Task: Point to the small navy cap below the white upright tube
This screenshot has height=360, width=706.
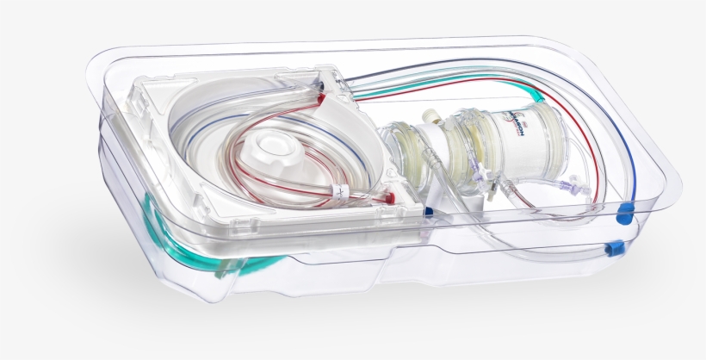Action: click(429, 208)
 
